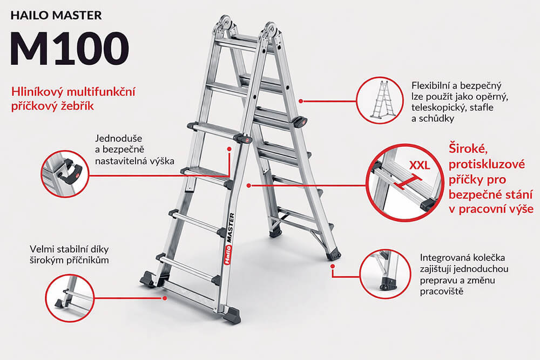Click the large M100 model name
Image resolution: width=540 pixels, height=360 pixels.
tap(69, 49)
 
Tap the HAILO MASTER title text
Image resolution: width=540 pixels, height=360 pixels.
tap(56, 15)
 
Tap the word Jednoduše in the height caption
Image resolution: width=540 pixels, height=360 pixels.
tap(117, 137)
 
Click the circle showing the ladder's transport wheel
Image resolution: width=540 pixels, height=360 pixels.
tap(382, 275)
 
